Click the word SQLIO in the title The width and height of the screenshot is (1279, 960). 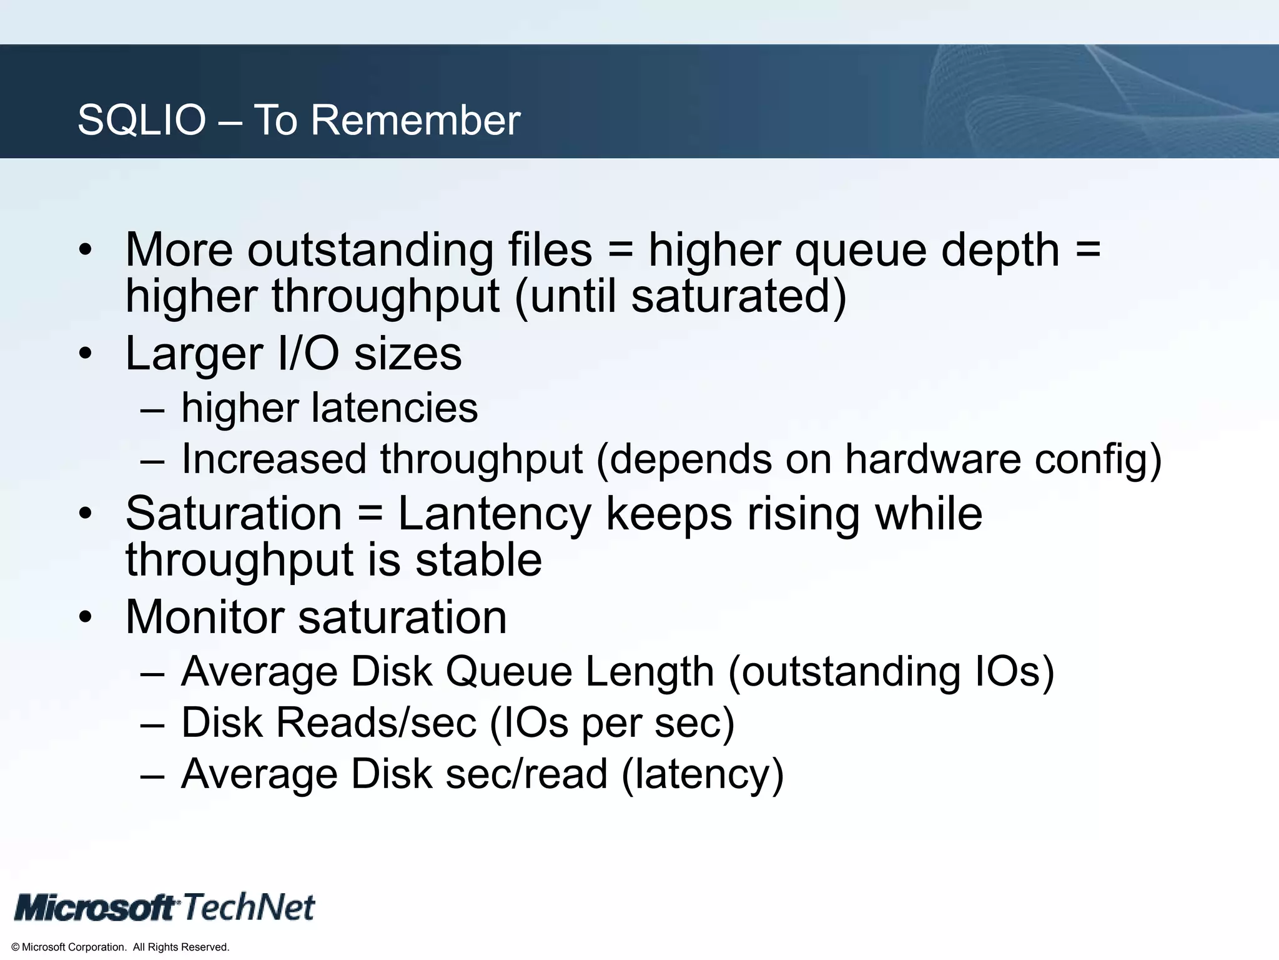[141, 119]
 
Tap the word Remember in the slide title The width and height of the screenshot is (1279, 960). [415, 119]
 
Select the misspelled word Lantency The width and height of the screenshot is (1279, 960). [494, 514]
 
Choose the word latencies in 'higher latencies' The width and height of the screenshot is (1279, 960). [395, 408]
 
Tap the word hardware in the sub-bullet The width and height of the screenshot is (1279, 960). [932, 459]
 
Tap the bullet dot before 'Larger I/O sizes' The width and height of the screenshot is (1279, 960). [86, 354]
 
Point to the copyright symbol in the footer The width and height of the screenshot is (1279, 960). [16, 947]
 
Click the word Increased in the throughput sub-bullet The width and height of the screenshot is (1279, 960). [274, 459]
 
